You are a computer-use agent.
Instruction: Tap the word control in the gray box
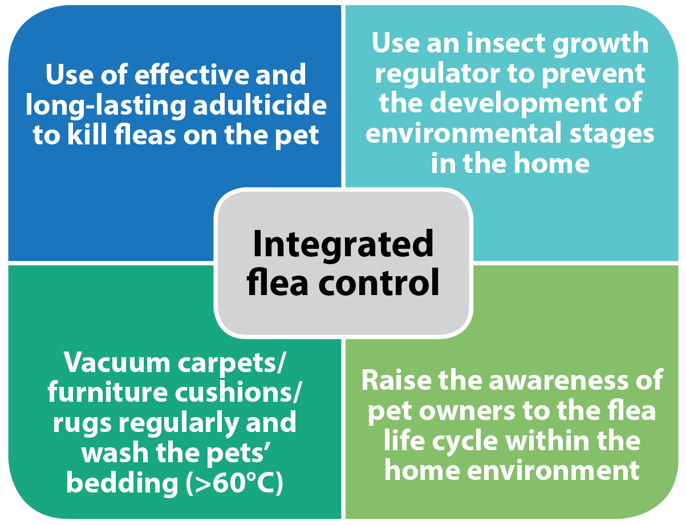[x=379, y=282]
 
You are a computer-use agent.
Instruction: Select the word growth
[x=600, y=44]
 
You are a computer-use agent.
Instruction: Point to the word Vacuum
[x=117, y=362]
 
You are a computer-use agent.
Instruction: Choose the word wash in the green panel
[x=115, y=453]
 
